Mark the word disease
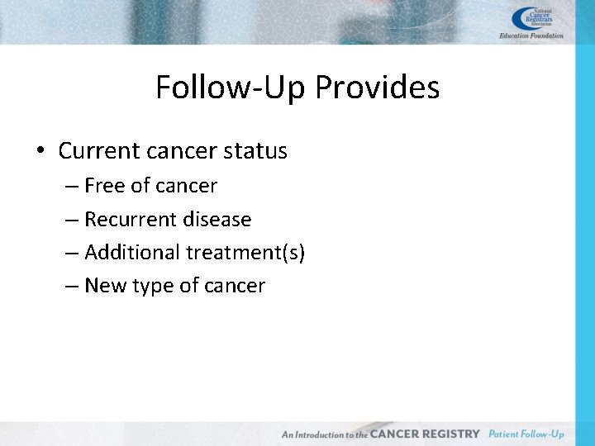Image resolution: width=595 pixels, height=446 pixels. (220, 220)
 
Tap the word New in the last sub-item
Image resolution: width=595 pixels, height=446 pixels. (103, 286)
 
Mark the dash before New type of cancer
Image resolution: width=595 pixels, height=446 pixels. (71, 287)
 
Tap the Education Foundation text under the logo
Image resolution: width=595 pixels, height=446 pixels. (531, 36)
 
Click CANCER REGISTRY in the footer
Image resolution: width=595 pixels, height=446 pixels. (425, 434)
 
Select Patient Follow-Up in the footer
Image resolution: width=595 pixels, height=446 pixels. (526, 434)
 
